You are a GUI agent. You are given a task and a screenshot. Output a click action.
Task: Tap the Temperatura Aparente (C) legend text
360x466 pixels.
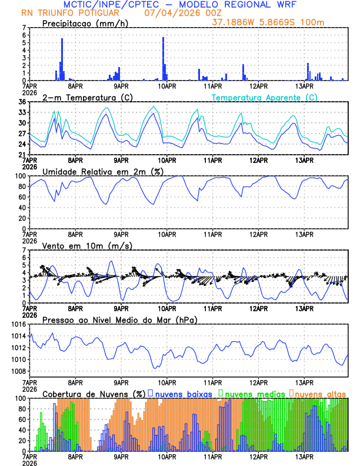click(x=265, y=97)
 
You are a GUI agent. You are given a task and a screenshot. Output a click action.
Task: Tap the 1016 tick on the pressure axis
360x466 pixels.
click(x=18, y=324)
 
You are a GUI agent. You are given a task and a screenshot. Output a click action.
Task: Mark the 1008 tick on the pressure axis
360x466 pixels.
click(x=18, y=371)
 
